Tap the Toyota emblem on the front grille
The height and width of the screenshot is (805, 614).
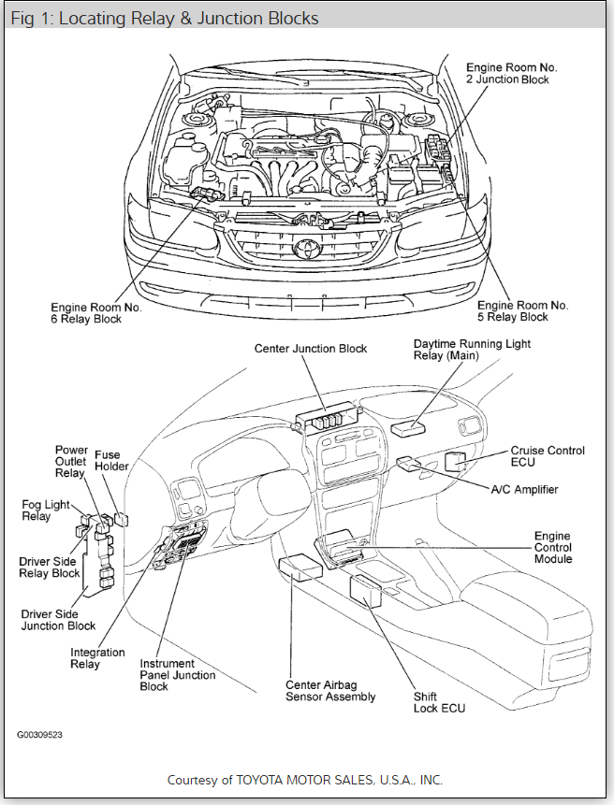tap(305, 248)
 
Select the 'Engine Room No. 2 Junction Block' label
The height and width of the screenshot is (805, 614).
tap(513, 74)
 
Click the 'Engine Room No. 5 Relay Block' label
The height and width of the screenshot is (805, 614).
tap(522, 312)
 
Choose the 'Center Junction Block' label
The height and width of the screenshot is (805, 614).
tap(311, 349)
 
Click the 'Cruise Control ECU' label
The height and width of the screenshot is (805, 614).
tap(548, 456)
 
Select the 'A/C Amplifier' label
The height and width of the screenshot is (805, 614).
tap(524, 489)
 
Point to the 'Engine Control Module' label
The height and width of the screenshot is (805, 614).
tap(552, 547)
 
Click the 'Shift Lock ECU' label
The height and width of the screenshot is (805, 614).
tap(439, 702)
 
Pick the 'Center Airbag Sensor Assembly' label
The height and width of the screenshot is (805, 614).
tap(330, 690)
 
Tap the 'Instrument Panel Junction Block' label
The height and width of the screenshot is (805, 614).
tap(177, 674)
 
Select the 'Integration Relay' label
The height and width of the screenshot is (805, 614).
tap(97, 658)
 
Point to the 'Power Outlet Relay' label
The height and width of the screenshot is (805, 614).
tap(70, 461)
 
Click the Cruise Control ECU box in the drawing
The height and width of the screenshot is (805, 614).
tap(456, 460)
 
